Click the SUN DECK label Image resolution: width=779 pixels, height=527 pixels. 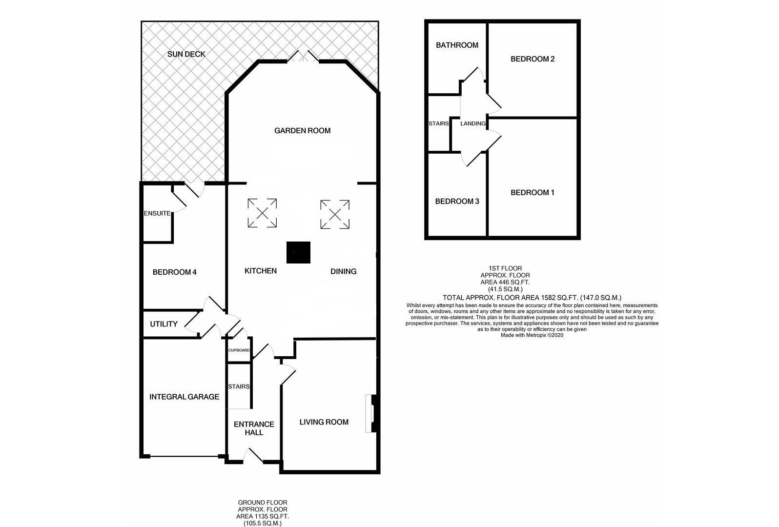186,54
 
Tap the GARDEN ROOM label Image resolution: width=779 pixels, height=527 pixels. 302,130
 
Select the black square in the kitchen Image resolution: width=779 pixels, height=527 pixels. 298,253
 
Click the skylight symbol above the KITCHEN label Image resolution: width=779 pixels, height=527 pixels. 262,213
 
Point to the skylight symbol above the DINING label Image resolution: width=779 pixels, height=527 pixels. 335,214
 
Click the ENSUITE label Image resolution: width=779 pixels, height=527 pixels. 157,213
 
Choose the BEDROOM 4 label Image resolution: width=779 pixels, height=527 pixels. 174,272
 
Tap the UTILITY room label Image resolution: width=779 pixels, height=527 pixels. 164,324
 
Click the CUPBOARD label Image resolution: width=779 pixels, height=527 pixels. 239,350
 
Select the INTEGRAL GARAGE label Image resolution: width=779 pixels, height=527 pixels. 184,397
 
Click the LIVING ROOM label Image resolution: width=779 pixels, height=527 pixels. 324,422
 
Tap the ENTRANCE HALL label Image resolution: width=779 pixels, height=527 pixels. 254,428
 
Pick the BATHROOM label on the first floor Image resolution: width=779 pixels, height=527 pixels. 457,45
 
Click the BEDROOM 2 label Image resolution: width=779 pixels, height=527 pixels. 533,59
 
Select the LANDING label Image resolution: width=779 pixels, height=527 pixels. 473,123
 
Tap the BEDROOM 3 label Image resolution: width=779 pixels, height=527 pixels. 457,201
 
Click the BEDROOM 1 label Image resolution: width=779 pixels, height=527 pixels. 533,192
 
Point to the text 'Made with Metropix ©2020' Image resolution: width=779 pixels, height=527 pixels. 532,335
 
